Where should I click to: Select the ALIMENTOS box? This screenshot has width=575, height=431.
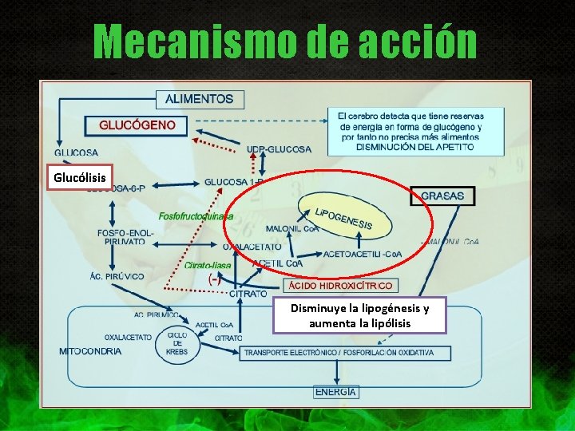pos(200,100)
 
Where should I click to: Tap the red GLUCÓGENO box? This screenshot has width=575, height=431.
pos(137,125)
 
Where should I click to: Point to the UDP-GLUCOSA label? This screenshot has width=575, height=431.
pos(279,148)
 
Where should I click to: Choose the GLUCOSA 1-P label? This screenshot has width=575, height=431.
pos(233,182)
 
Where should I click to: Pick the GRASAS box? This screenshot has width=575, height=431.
pos(442,196)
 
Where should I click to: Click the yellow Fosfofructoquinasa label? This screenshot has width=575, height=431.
pos(196,215)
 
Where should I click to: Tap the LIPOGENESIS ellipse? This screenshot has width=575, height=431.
pos(343,217)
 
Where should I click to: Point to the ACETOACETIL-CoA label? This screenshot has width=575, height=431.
pos(363,255)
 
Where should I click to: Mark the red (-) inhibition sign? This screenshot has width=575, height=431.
pos(215,279)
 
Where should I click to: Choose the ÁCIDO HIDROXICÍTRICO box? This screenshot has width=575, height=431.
pos(341,285)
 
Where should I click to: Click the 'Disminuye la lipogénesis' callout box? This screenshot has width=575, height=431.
pos(359,316)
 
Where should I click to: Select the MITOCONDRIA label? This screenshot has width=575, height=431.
pos(91,351)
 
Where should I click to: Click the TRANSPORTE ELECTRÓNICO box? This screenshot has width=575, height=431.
pos(339,352)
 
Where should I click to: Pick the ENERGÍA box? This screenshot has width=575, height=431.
pos(335,392)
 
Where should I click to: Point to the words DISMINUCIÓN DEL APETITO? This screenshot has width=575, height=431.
pos(414,147)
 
